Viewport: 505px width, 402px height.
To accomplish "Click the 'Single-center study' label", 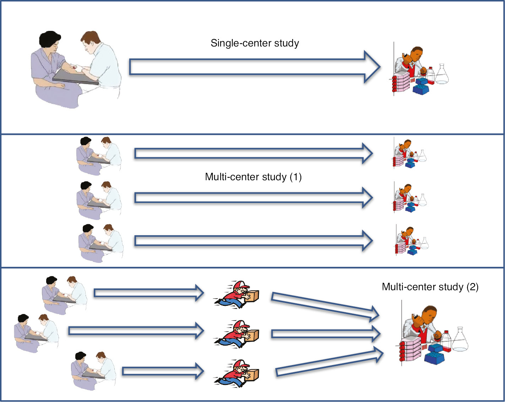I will point(255,43).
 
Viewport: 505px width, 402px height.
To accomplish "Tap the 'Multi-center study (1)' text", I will point(253,177).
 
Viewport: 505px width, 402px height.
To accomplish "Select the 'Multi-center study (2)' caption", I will point(430,287).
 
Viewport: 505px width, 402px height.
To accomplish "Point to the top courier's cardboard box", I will point(252,296).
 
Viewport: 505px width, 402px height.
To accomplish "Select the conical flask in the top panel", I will point(442,75).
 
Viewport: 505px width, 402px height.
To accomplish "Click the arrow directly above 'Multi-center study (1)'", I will point(253,153).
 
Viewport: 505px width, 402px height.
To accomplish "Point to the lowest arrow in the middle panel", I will point(253,241).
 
